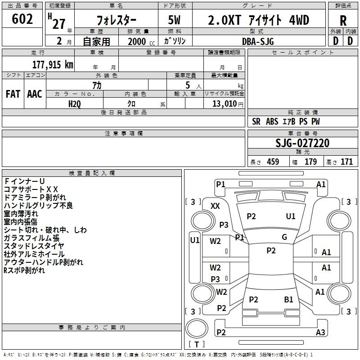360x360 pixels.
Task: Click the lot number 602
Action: click(x=22, y=19)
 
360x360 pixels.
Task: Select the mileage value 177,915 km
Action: click(x=53, y=65)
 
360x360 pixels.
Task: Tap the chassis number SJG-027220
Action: click(x=302, y=143)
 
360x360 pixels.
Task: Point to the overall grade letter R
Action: click(x=343, y=21)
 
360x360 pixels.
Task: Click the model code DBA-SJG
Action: click(x=258, y=41)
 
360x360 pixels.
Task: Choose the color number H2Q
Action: click(x=75, y=104)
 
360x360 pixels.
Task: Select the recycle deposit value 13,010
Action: click(x=224, y=104)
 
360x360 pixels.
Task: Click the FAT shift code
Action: click(x=13, y=94)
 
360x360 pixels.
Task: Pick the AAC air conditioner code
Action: click(x=35, y=94)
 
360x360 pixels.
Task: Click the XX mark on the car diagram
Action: click(x=215, y=206)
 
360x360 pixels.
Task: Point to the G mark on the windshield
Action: click(x=284, y=237)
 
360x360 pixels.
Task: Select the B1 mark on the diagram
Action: click(x=288, y=300)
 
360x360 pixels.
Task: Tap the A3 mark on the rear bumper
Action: click(x=320, y=332)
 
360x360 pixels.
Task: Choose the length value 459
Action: click(x=273, y=162)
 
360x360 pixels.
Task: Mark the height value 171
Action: click(x=346, y=162)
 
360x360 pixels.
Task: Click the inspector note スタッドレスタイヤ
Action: click(x=34, y=246)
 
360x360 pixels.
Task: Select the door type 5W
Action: click(x=174, y=20)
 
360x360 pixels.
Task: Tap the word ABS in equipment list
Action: click(x=272, y=121)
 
